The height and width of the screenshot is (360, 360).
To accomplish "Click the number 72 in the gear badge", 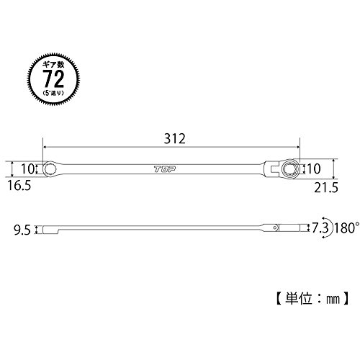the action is tap(54, 78).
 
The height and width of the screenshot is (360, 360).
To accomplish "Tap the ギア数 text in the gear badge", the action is tap(53, 65).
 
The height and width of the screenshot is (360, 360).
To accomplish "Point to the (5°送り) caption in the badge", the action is tap(53, 92).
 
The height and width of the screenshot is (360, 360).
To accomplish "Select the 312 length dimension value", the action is tap(175, 139).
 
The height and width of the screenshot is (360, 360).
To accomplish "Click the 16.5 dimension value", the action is tap(19, 186).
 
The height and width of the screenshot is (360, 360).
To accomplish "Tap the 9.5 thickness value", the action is tap(22, 230).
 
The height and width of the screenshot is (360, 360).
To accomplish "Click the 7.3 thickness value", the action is tap(320, 228).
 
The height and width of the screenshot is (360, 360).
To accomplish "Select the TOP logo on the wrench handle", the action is tap(165, 169).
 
